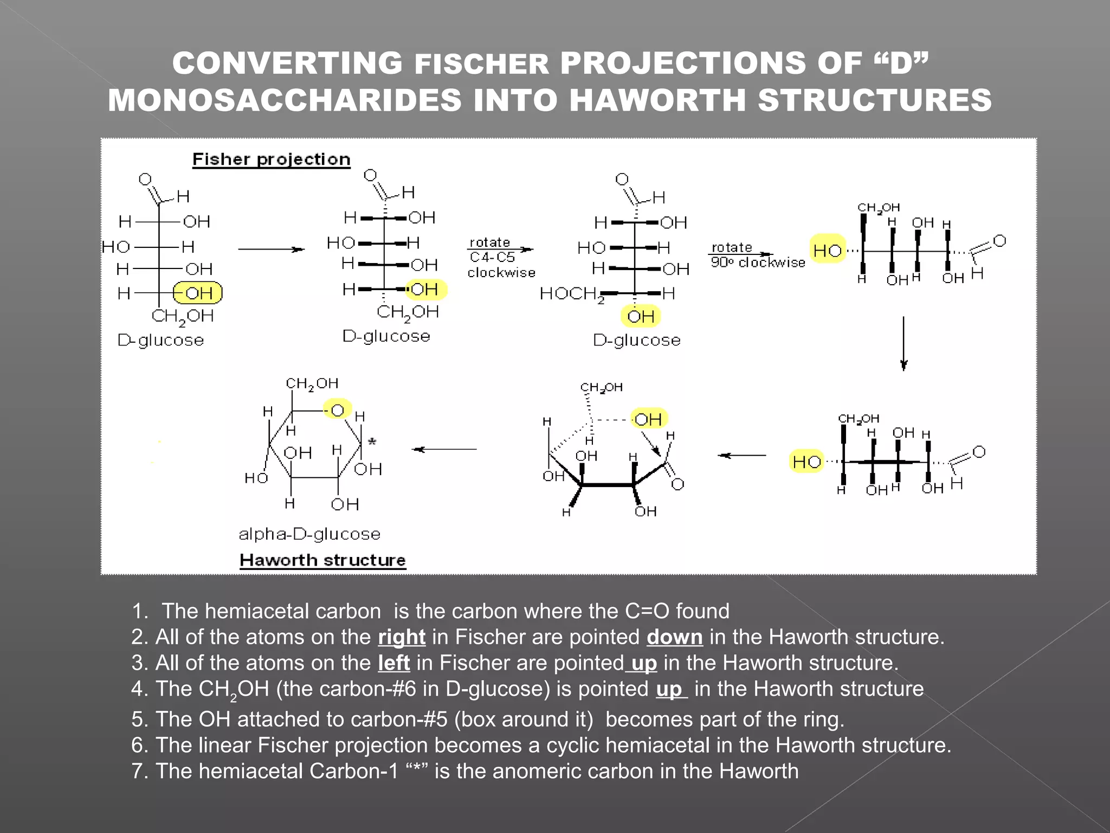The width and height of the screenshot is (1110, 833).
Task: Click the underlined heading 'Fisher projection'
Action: (272, 159)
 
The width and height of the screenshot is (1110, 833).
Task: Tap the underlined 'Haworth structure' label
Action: (322, 560)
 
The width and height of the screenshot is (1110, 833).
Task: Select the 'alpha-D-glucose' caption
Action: (309, 534)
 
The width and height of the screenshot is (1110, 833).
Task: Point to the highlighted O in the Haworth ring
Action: (337, 410)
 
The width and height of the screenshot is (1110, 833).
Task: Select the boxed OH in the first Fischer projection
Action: (198, 293)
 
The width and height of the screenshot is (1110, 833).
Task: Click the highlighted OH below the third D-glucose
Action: (641, 316)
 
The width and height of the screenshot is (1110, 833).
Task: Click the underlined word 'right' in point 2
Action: (401, 637)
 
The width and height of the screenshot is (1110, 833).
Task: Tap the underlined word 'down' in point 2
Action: (674, 637)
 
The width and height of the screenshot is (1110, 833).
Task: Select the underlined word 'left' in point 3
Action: (393, 663)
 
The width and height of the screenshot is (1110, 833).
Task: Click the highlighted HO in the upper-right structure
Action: (827, 250)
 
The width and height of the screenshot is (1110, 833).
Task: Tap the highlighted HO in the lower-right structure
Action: (806, 462)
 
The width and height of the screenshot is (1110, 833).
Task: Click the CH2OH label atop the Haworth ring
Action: (312, 384)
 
